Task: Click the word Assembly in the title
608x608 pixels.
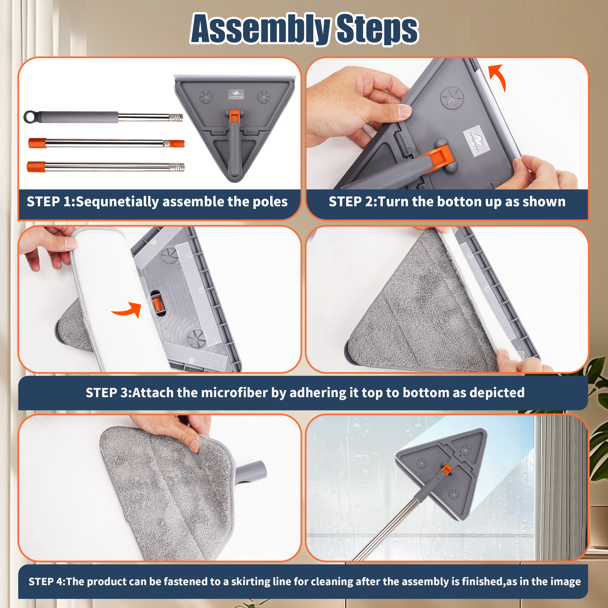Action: (260, 29)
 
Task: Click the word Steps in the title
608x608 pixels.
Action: (377, 29)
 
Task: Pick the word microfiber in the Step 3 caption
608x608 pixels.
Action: (235, 393)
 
